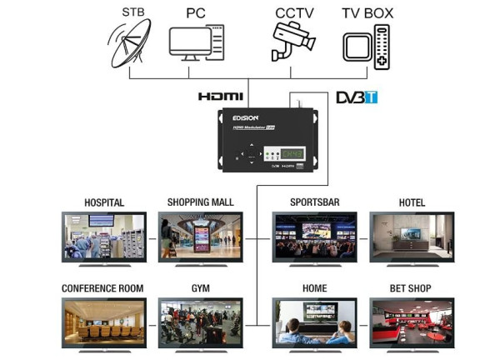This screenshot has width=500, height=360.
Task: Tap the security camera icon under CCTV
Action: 292,42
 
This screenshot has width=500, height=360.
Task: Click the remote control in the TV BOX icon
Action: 382,46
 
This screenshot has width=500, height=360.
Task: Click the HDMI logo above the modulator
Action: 220,97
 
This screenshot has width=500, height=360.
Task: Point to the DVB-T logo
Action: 357,97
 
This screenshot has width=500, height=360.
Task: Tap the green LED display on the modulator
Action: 292,154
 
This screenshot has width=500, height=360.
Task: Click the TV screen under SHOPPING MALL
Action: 201,236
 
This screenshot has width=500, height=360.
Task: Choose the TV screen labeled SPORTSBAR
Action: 315,236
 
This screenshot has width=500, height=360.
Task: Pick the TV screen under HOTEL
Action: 412,236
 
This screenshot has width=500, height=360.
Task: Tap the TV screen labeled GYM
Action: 201,322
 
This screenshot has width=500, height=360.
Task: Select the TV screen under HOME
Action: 315,322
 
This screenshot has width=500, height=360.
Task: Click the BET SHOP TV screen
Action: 412,322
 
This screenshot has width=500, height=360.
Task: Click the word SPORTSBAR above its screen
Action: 315,202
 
